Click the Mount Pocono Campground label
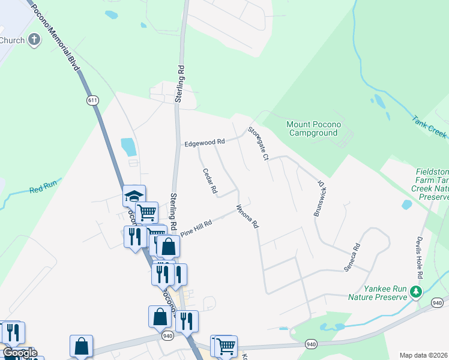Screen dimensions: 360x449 click(x=313, y=128)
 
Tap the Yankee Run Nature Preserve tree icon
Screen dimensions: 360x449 click(x=415, y=292)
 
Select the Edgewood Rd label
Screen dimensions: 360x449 click(x=204, y=142)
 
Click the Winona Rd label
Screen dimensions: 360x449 click(x=247, y=217)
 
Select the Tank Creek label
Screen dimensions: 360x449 click(x=430, y=127)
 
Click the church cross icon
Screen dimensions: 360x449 click(x=35, y=41)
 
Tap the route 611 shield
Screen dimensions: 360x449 click(x=92, y=100)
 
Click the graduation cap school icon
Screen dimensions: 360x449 click(x=134, y=196)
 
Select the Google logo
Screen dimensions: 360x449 click(x=20, y=352)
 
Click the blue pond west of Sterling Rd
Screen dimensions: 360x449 click(x=128, y=147)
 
